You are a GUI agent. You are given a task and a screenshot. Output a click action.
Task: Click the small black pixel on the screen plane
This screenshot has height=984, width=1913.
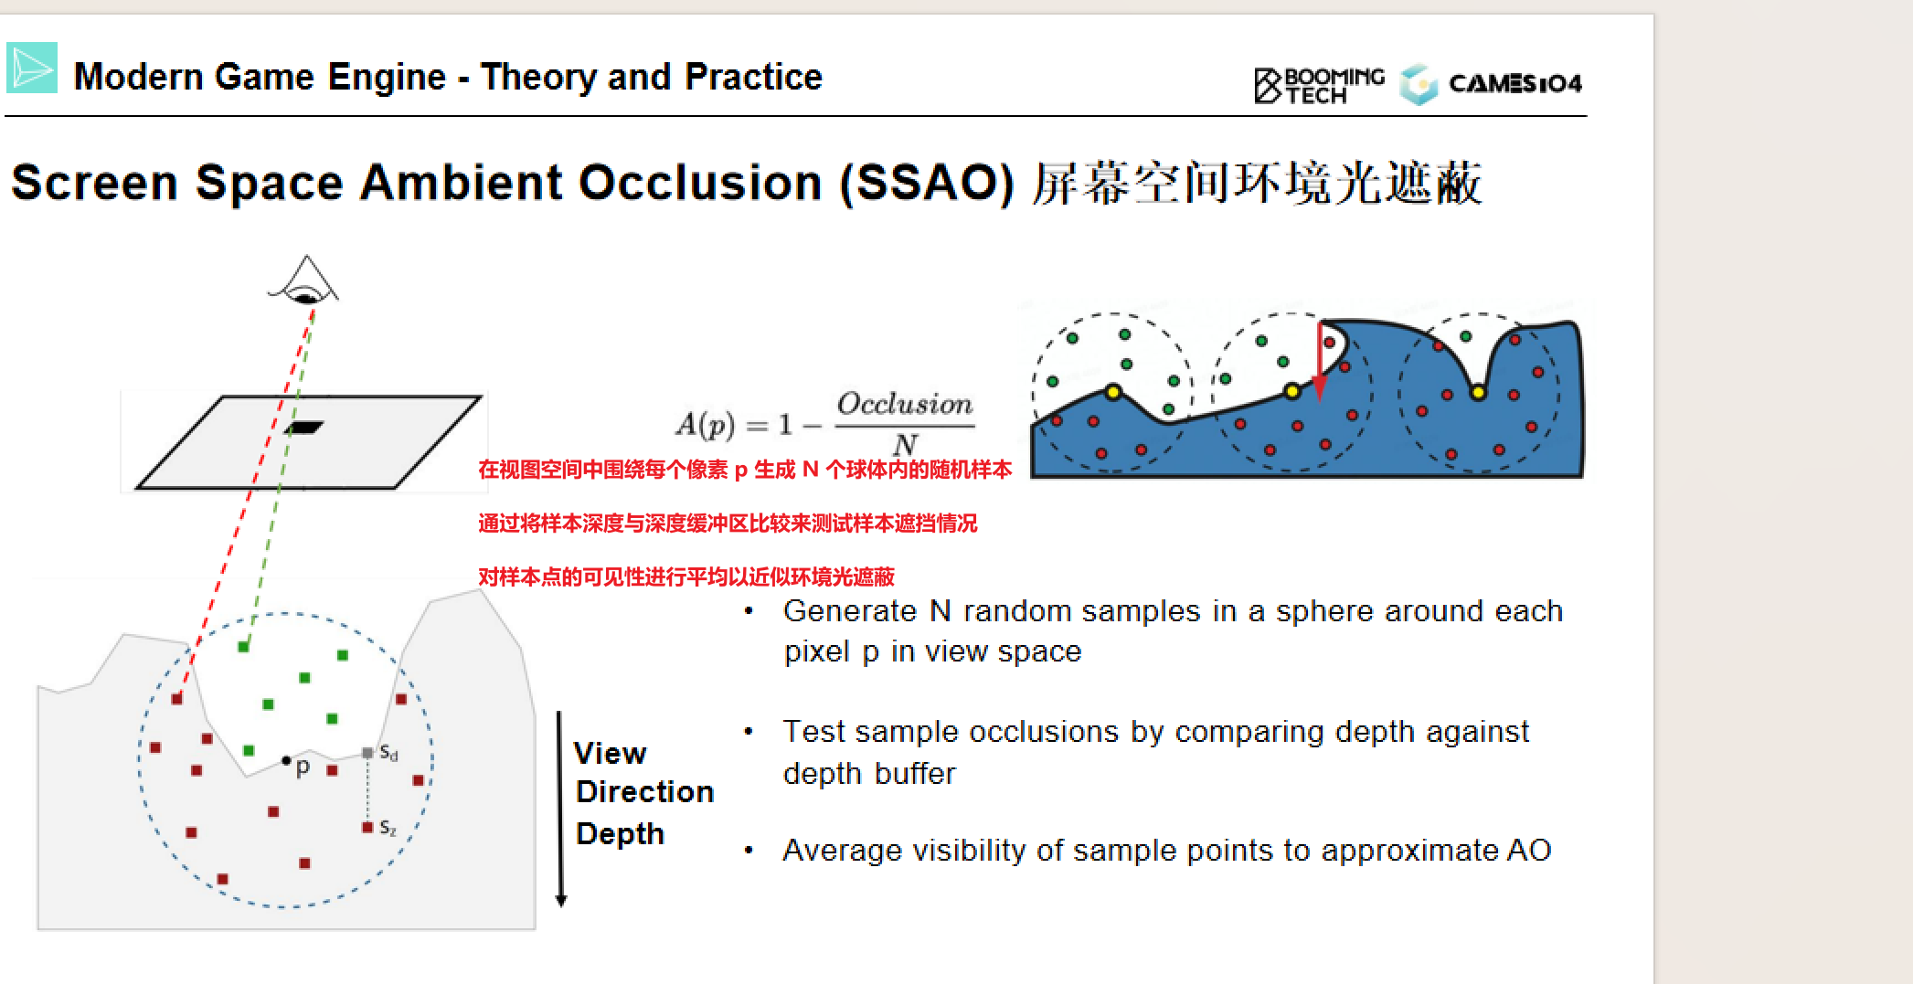pos(304,427)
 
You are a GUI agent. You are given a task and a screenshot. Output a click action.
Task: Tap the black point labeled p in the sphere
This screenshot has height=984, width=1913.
pos(286,760)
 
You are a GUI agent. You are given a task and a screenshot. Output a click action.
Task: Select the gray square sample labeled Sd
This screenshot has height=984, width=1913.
pos(367,753)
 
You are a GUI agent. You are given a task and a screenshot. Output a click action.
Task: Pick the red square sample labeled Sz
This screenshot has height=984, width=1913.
pos(367,827)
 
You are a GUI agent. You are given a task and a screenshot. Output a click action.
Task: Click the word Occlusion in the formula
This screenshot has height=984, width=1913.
pos(905,404)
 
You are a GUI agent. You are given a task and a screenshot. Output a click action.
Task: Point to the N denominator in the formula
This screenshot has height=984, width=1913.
pos(905,444)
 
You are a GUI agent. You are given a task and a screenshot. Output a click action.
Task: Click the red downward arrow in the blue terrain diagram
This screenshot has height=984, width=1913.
pos(1320,361)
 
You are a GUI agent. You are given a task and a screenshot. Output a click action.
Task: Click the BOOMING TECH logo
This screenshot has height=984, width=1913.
pos(1319,85)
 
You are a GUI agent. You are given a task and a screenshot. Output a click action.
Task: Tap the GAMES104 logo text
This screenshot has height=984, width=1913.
pos(1514,84)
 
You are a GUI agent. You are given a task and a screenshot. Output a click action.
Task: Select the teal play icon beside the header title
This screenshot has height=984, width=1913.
pos(32,68)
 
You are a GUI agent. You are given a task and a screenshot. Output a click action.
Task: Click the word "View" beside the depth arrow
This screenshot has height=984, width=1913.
pos(610,753)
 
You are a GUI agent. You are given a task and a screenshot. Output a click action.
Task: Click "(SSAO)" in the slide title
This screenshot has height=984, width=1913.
pos(927,183)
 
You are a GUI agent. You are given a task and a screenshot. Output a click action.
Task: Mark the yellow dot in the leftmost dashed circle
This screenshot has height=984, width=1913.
pos(1113,392)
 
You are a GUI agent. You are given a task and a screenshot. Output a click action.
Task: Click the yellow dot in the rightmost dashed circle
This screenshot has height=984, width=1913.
pos(1478,393)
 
